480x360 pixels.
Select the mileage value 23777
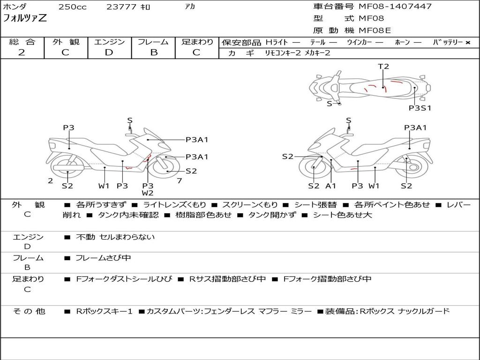pyautogui.click(x=121, y=7)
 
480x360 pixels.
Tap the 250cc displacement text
pyautogui.click(x=72, y=7)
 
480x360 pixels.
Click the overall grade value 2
pyautogui.click(x=22, y=52)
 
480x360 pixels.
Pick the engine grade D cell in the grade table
pyautogui.click(x=109, y=52)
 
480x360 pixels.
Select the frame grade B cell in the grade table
pyautogui.click(x=153, y=52)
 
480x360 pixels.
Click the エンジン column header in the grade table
pyautogui.click(x=109, y=42)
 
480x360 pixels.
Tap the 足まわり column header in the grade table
pyautogui.click(x=197, y=42)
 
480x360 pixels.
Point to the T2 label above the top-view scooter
pyautogui.click(x=383, y=67)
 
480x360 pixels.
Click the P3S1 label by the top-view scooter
pyautogui.click(x=420, y=108)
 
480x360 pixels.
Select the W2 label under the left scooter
pyautogui.click(x=148, y=193)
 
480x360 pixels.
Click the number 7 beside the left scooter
pyautogui.click(x=179, y=180)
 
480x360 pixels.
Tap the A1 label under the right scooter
pyautogui.click(x=331, y=186)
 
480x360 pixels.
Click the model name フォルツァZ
pyautogui.click(x=25, y=19)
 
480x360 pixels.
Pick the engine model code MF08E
pyautogui.click(x=375, y=30)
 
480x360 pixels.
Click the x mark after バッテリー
pyautogui.click(x=467, y=43)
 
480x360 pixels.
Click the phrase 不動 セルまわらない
pyautogui.click(x=115, y=237)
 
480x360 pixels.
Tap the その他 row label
pyautogui.click(x=28, y=311)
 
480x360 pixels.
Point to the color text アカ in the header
pyautogui.click(x=190, y=7)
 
